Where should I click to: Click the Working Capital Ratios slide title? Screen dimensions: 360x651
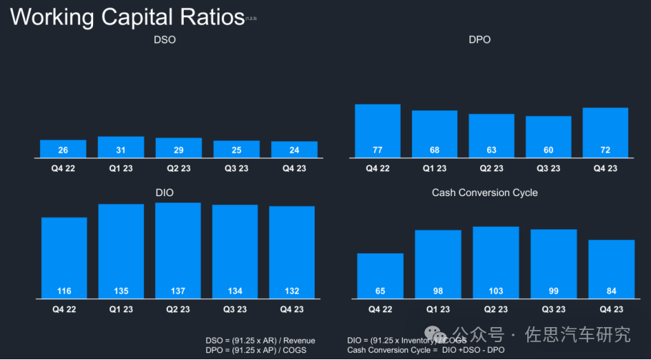(127, 17)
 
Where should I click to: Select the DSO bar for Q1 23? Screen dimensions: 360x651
(121, 147)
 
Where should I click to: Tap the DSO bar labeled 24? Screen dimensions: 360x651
(294, 150)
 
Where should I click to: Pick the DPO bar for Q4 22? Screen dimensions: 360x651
(377, 131)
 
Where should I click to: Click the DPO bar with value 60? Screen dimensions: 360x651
(549, 137)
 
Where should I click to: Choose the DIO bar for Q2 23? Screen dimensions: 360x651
(178, 250)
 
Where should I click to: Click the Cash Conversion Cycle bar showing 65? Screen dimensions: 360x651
(380, 276)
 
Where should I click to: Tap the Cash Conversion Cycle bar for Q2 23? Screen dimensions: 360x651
(496, 262)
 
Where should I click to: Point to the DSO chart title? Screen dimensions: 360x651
(165, 40)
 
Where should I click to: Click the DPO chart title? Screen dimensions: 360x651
(479, 40)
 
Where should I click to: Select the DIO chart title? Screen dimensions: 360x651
(165, 193)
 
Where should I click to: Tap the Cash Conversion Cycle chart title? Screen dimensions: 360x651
(484, 193)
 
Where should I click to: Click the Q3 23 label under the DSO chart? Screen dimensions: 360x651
(236, 168)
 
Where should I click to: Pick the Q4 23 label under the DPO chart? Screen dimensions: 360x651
(605, 168)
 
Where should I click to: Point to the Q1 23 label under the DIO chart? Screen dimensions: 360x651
(121, 309)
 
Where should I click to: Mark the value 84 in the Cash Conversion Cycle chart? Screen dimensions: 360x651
(611, 291)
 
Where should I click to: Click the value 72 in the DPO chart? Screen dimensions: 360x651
(605, 150)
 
